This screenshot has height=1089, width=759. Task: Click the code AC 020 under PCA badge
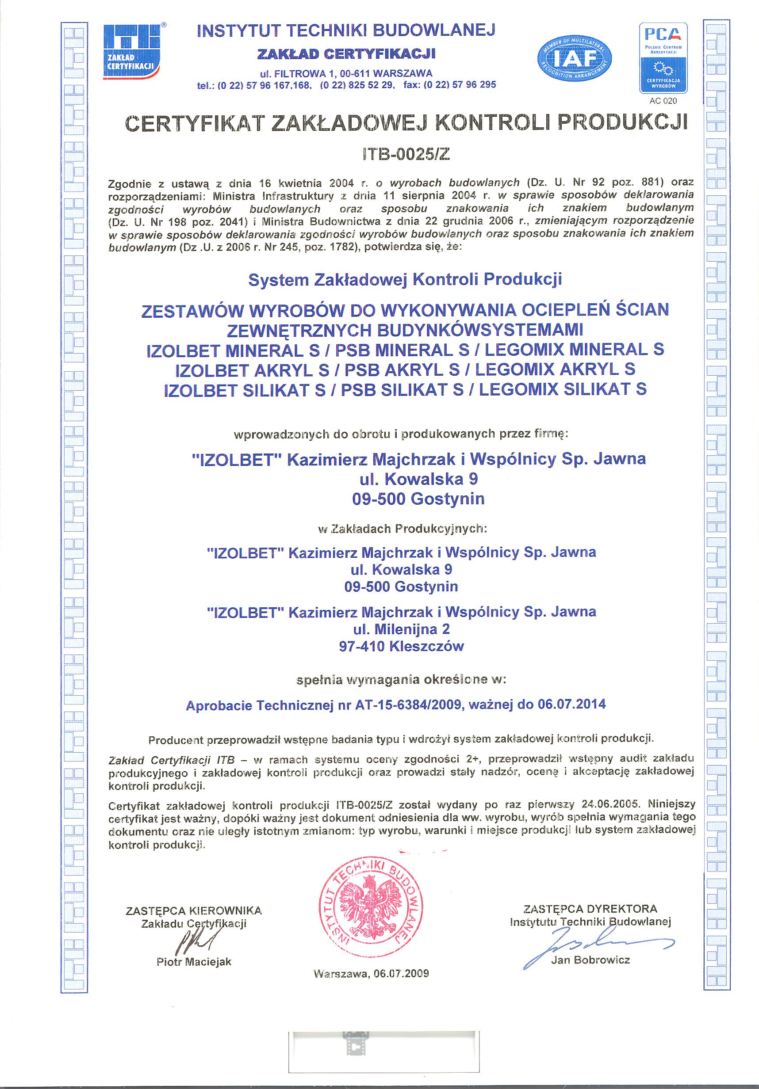pos(663,101)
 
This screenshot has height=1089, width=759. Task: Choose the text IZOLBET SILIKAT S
pos(244,389)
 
